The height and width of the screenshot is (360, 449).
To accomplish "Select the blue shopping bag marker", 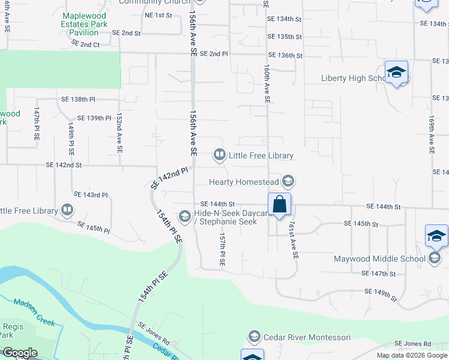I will coord(280,204).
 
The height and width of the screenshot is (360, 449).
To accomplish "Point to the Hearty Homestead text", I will coord(244,182).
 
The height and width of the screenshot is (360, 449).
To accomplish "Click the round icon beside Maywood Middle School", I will coord(435,259).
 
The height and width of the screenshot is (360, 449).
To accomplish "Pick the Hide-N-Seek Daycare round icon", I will coord(185,216).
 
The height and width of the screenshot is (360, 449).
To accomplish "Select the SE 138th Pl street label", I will coord(78,99).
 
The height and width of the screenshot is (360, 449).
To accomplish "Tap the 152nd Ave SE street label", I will coord(119,132).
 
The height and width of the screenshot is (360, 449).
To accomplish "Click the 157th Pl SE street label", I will coord(222,250).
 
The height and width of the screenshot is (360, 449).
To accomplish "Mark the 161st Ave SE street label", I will coord(293,239).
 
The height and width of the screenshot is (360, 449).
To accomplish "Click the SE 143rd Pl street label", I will coord(91,195).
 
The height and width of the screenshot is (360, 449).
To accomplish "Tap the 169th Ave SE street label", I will coord(431,136).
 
